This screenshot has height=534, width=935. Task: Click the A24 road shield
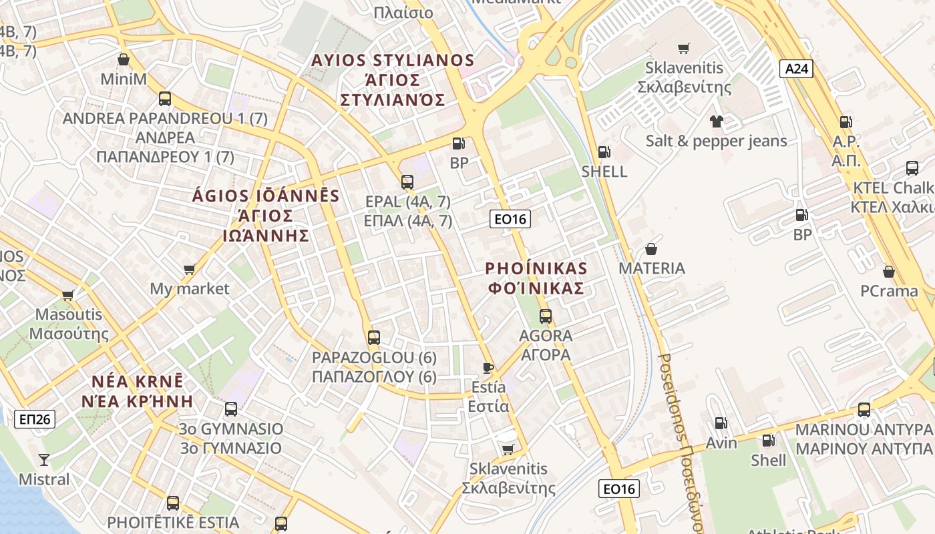tap(796, 67)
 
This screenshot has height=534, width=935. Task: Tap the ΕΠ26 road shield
tap(35, 419)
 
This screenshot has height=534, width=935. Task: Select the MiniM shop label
tap(124, 79)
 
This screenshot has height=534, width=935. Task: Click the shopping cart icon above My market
tap(189, 270)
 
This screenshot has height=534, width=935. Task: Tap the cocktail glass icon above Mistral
tap(44, 459)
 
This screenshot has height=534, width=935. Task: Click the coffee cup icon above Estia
tap(488, 368)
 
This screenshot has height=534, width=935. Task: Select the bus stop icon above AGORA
tap(546, 316)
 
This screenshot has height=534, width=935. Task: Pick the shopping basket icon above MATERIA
tap(651, 250)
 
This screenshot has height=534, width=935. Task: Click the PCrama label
tap(889, 291)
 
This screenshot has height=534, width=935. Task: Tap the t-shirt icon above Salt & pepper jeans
tap(717, 121)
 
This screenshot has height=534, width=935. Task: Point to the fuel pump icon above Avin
tap(721, 423)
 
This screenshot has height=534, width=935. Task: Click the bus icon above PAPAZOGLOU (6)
tap(374, 338)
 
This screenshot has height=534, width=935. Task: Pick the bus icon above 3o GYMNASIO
tap(231, 409)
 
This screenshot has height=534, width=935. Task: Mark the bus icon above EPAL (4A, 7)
tap(407, 182)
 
